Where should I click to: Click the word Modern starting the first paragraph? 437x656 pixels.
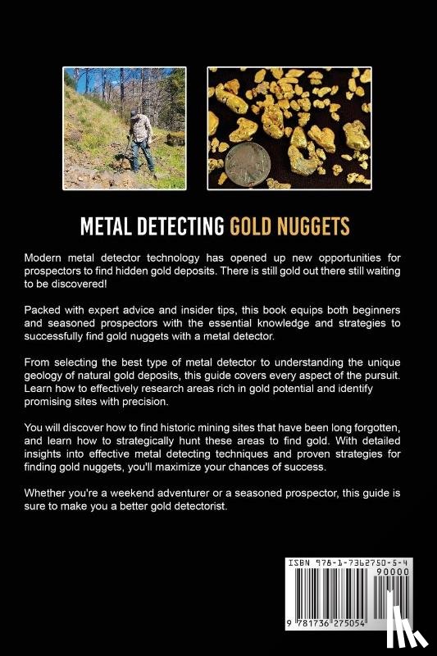pos(46,258)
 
